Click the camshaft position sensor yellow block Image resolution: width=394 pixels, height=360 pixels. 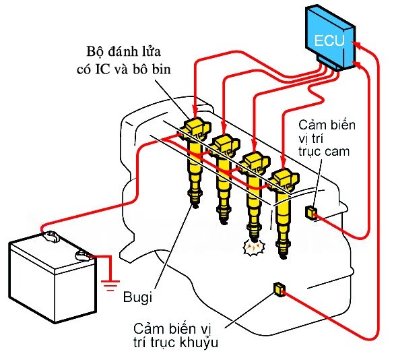tap(312, 213)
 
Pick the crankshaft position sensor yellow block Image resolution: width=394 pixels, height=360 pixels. tap(278, 289)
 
